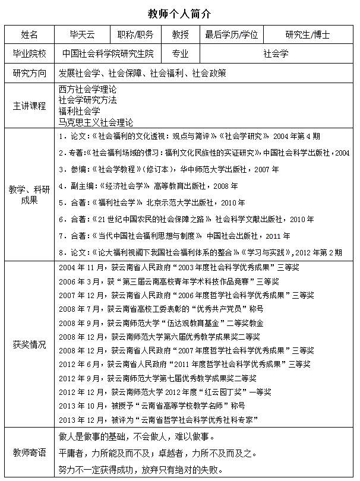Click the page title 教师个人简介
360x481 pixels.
179,12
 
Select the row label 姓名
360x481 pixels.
29,34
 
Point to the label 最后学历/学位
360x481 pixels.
232,34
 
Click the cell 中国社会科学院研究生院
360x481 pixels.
108,54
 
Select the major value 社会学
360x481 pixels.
276,54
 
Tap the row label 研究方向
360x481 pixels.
29,74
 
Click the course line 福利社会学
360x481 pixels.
80,111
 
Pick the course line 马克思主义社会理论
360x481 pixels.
96,122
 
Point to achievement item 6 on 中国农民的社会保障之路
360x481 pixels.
190,219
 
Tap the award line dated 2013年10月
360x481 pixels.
151,406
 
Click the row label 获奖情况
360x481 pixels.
29,344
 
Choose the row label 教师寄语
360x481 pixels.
29,452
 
